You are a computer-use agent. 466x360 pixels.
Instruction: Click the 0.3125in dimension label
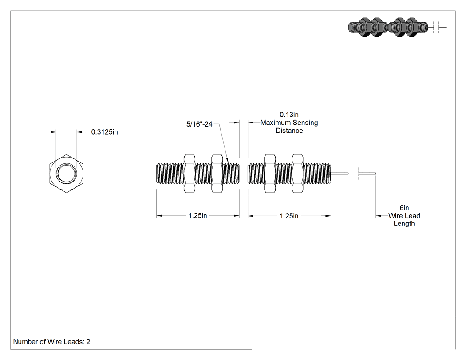[x=104, y=132]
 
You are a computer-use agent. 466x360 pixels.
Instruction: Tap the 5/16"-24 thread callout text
[x=199, y=124]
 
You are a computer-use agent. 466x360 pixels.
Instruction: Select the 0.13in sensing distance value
[x=289, y=115]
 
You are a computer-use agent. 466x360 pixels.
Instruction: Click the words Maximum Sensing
[x=289, y=123]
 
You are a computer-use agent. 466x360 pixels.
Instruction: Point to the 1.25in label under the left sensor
[x=197, y=216]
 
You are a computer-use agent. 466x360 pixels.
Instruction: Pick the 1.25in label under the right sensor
[x=289, y=216]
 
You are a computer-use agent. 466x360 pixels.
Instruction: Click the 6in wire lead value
[x=404, y=208]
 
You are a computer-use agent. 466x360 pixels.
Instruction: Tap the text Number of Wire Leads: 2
[x=52, y=342]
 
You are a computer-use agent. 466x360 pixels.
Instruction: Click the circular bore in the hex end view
[x=66, y=173]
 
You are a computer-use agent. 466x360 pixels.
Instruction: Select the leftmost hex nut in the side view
[x=190, y=174]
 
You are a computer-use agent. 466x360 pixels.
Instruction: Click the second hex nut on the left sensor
[x=217, y=174]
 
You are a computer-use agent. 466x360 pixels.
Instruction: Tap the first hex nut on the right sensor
[x=270, y=174]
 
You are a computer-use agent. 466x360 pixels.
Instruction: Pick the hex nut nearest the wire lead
[x=297, y=174]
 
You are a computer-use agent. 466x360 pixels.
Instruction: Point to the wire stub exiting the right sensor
[x=339, y=174]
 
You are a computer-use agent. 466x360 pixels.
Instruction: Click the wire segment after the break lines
[x=367, y=174]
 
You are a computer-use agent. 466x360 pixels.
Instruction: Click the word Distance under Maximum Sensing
[x=289, y=131]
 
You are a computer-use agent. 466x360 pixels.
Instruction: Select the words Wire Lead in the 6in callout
[x=404, y=216]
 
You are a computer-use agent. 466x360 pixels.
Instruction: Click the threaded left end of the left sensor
[x=170, y=174]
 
